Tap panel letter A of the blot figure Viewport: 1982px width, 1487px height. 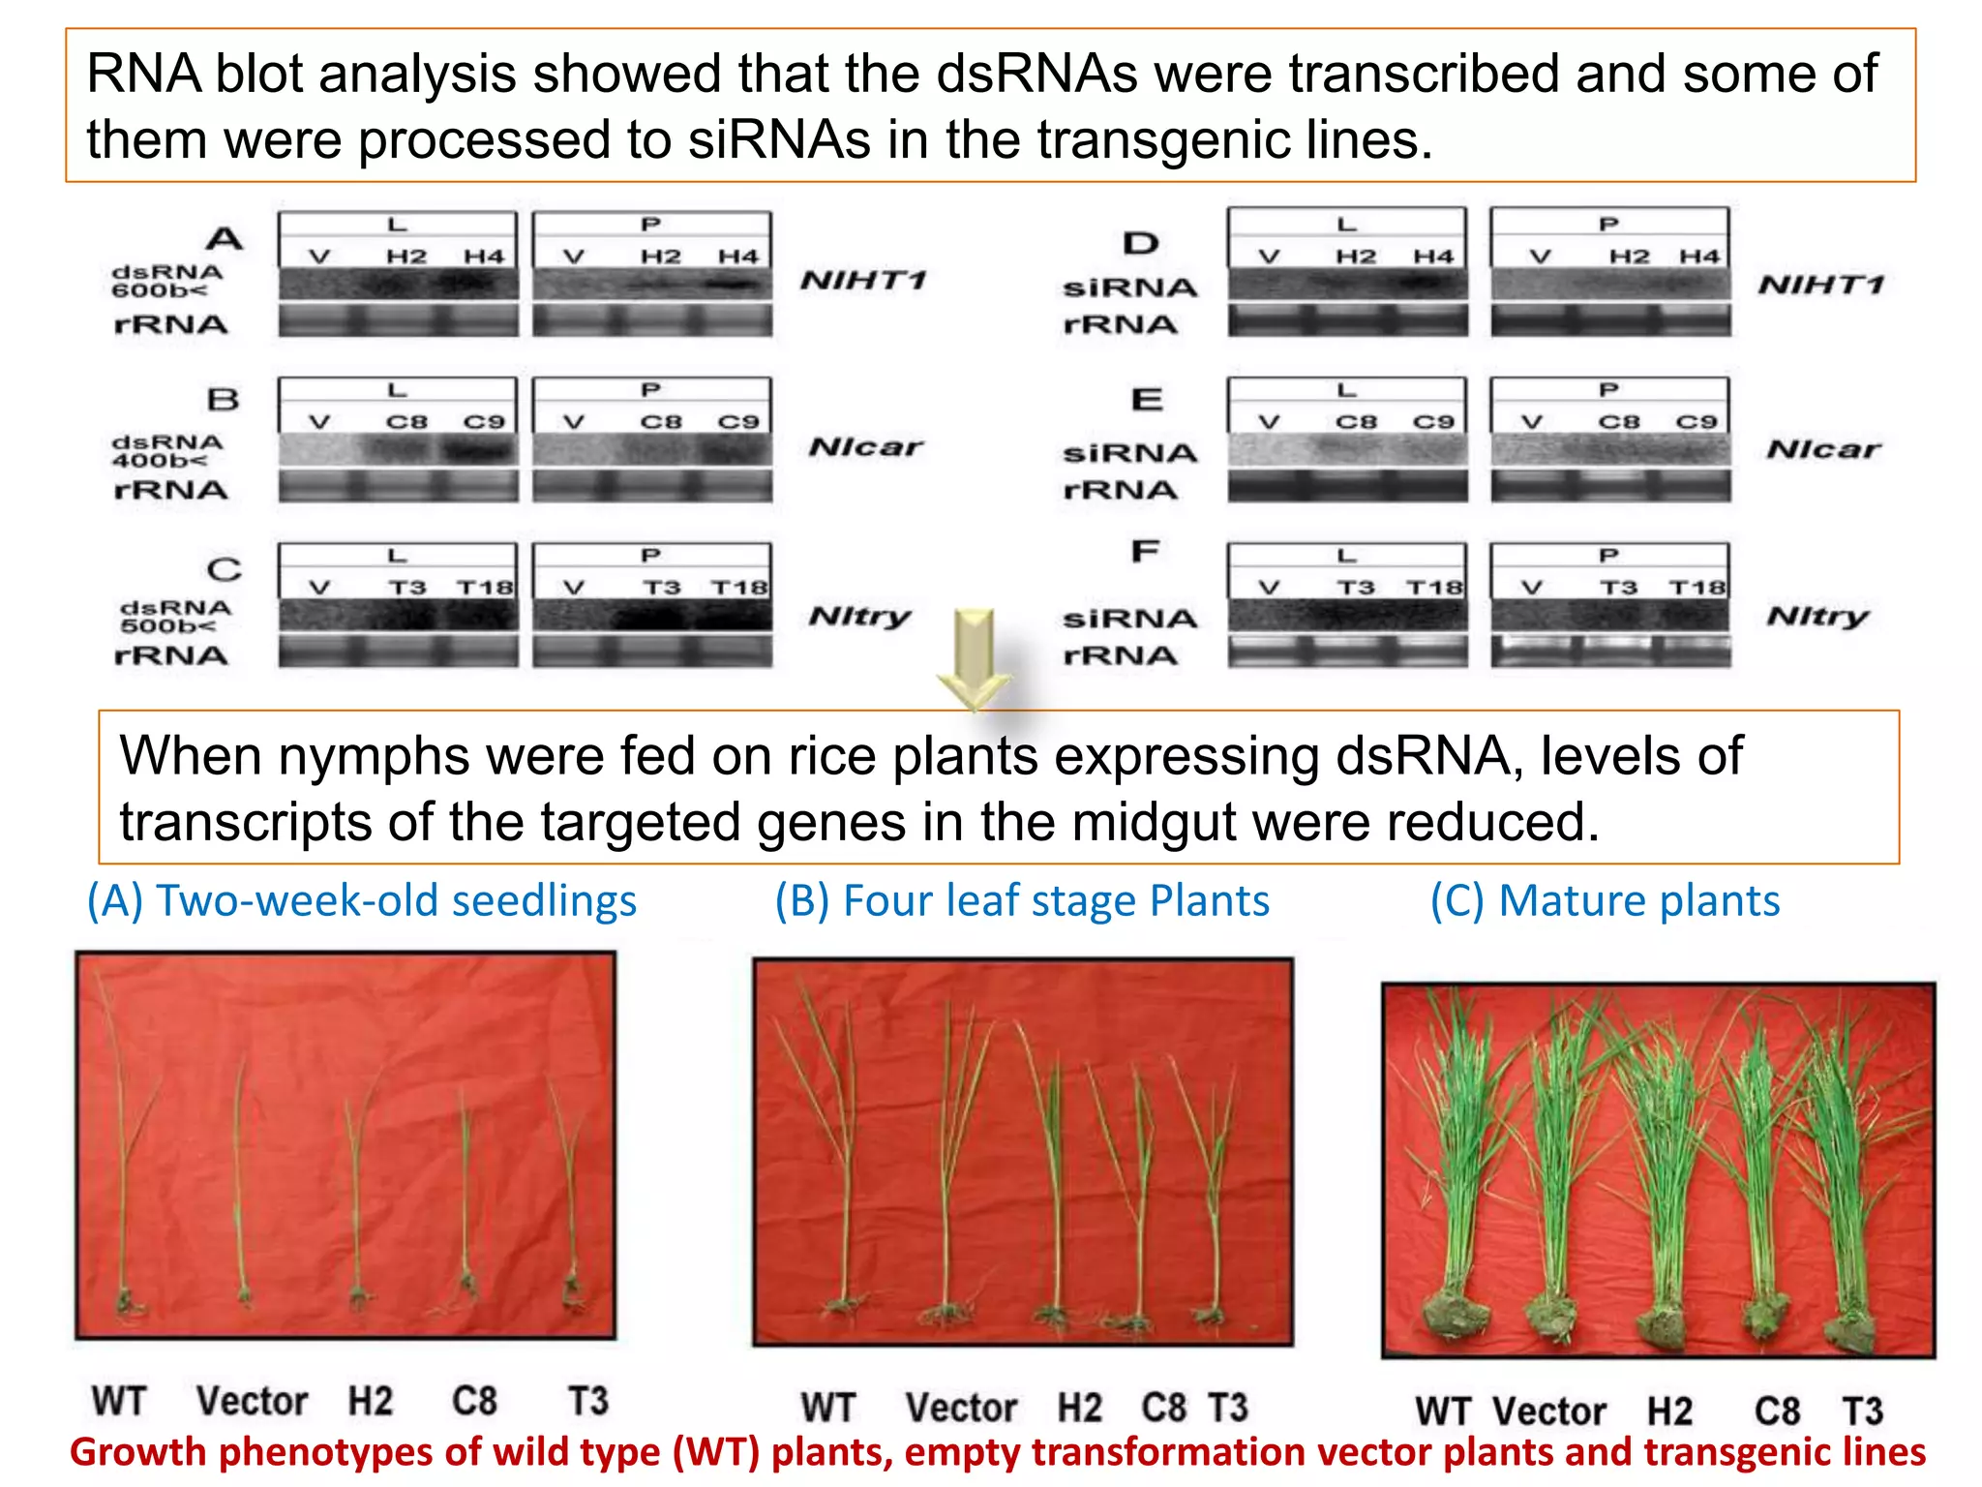225,238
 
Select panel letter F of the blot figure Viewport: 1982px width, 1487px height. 1145,552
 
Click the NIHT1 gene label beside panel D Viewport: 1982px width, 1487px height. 1820,285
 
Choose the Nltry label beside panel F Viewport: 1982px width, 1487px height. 1817,616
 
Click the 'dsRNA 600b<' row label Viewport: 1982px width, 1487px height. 166,281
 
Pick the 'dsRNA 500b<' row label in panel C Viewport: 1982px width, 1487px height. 175,617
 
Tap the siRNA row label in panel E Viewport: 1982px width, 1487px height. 1129,452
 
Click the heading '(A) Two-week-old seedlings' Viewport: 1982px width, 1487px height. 362,900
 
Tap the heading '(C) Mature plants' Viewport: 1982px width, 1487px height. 1605,900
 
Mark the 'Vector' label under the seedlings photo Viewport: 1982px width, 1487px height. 252,1401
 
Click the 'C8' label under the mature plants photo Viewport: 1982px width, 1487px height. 1777,1411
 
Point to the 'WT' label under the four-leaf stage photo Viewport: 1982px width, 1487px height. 828,1408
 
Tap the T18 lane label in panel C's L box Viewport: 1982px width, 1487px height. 485,588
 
